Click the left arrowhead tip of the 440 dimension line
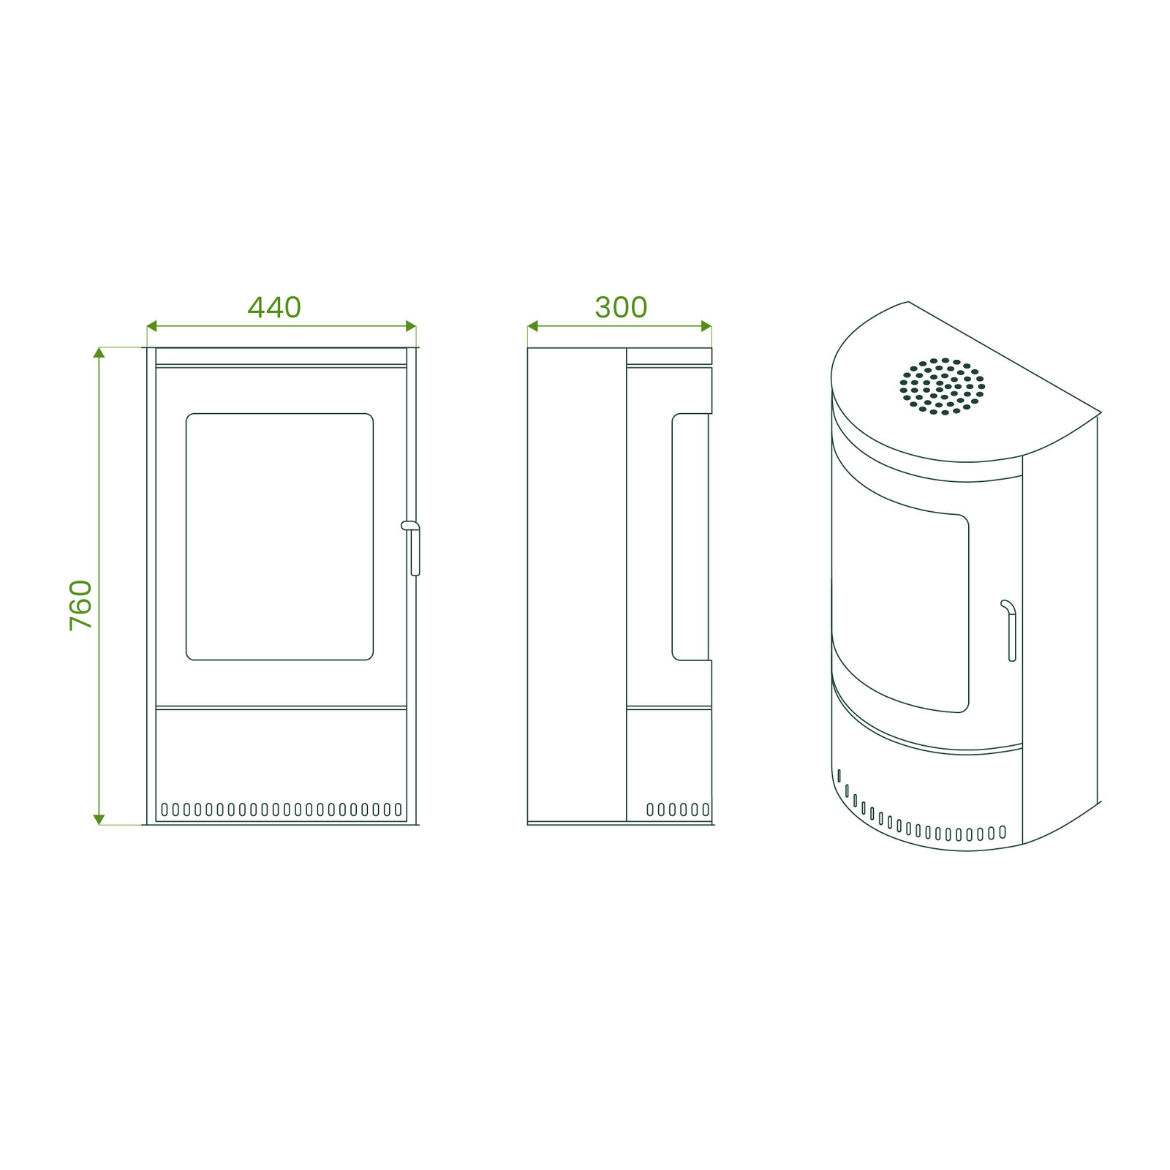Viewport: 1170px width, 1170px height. click(x=147, y=326)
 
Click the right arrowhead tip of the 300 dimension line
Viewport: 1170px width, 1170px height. click(x=712, y=326)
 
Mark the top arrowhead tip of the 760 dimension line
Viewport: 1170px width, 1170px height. click(x=99, y=347)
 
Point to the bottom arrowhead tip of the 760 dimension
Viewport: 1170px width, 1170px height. click(x=99, y=825)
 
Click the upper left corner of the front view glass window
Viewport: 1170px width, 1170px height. click(x=186, y=414)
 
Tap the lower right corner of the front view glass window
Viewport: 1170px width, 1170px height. click(x=373, y=660)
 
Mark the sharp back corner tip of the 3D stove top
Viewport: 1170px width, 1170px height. click(x=1101, y=412)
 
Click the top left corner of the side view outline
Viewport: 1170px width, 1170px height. click(x=528, y=348)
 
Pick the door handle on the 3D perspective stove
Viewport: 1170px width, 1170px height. click(x=1009, y=630)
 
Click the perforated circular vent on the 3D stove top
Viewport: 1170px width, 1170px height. click(x=943, y=386)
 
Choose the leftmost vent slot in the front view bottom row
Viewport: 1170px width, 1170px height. click(x=165, y=809)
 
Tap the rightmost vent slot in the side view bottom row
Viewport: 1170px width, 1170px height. click(x=706, y=809)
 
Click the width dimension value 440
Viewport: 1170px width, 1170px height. click(x=274, y=307)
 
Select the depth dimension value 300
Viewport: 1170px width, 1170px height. click(x=621, y=307)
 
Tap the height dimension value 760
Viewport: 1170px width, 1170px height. click(x=80, y=605)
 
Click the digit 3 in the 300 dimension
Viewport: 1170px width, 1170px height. click(x=603, y=307)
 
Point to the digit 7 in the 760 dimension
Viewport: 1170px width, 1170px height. click(x=80, y=623)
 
